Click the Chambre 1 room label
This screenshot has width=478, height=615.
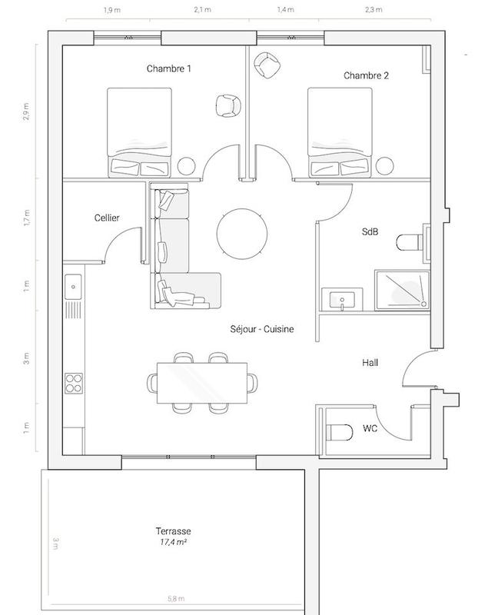[x=168, y=69]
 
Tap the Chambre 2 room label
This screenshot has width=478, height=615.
[x=365, y=75]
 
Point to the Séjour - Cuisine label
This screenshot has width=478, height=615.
[x=261, y=329]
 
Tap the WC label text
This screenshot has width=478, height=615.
[x=370, y=427]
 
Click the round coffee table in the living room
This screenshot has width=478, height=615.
[x=243, y=234]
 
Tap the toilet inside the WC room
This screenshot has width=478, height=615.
[x=337, y=431]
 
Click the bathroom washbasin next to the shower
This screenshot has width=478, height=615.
[x=339, y=298]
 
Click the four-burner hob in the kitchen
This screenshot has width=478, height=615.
[x=75, y=382]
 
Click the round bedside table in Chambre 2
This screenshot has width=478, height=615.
[x=384, y=165]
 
